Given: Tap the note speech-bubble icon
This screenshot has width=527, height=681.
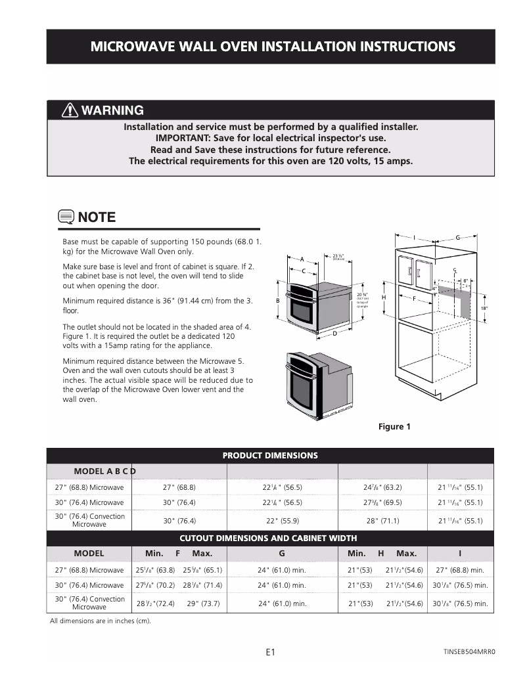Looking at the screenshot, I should pos(66,217).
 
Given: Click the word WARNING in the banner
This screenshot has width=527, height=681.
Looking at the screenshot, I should pos(112,110).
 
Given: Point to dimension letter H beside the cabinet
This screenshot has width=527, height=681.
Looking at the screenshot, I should pos(383,297).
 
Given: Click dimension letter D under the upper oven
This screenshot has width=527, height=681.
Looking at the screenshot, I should pos(334,334).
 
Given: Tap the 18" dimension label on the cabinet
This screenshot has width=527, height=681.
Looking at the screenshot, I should pos(484,307).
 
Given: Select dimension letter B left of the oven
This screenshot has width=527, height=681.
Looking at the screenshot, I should pos(277,300).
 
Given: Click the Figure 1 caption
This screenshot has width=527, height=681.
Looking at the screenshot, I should pos(394,427).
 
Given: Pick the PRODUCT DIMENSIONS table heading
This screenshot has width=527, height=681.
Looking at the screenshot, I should pos(270,455).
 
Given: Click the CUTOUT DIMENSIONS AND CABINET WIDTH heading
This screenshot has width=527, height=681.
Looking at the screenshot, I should pos(270,538).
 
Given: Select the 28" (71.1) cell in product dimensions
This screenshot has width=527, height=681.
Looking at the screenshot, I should pos(382,521).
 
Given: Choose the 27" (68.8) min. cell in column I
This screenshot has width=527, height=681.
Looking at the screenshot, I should pos(460,570).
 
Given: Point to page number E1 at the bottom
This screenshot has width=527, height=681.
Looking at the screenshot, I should pos(270,652).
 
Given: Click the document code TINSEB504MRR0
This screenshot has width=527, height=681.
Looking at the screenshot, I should pos(469,652).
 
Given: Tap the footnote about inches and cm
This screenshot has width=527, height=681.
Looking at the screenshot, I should pos(101,621).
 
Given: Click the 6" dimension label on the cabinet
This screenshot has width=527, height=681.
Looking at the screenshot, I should pos(465,280).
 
